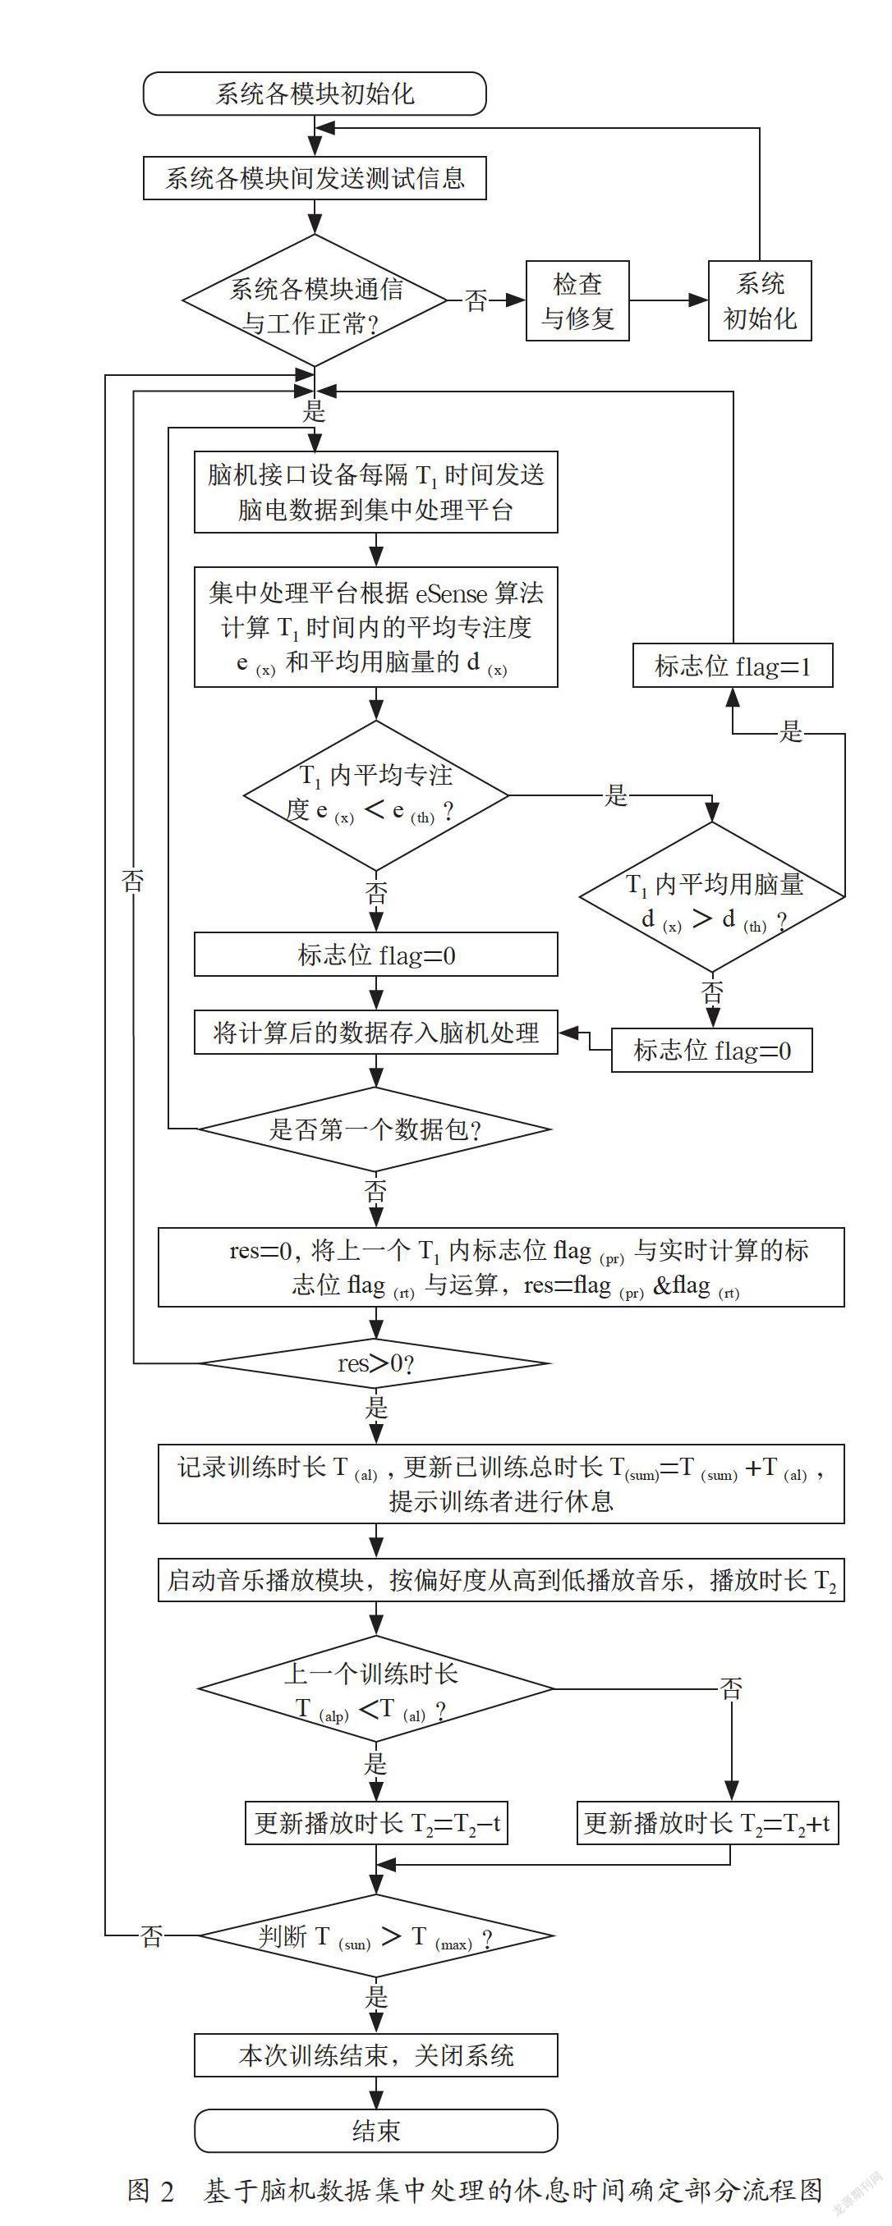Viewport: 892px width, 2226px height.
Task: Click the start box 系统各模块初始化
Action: (x=315, y=94)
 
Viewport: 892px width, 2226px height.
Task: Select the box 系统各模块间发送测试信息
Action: (x=315, y=178)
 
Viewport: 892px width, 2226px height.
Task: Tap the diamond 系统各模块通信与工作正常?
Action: (x=315, y=300)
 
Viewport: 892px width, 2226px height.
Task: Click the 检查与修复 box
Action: (x=577, y=300)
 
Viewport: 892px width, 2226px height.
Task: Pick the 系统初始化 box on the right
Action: (x=760, y=300)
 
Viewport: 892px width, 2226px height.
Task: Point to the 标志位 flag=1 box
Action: (x=733, y=666)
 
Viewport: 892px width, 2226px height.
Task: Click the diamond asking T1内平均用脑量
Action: (x=712, y=897)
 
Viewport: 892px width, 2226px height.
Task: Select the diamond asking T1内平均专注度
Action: (x=376, y=795)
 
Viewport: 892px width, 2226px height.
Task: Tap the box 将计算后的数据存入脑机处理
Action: (x=376, y=1033)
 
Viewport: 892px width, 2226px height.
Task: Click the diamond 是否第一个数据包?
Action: (x=376, y=1129)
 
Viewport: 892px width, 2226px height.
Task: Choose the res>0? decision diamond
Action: (x=376, y=1363)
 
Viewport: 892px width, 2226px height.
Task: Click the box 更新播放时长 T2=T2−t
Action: (x=376, y=1823)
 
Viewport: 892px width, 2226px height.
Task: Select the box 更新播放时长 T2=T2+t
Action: (x=708, y=1823)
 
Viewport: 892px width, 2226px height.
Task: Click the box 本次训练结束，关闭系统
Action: (x=376, y=2055)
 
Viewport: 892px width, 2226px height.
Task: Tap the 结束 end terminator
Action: (x=376, y=2131)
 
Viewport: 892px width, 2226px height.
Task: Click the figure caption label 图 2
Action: (x=150, y=2191)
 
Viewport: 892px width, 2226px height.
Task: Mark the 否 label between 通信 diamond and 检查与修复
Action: (x=476, y=300)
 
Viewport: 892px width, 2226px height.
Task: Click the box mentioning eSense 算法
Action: (x=376, y=627)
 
